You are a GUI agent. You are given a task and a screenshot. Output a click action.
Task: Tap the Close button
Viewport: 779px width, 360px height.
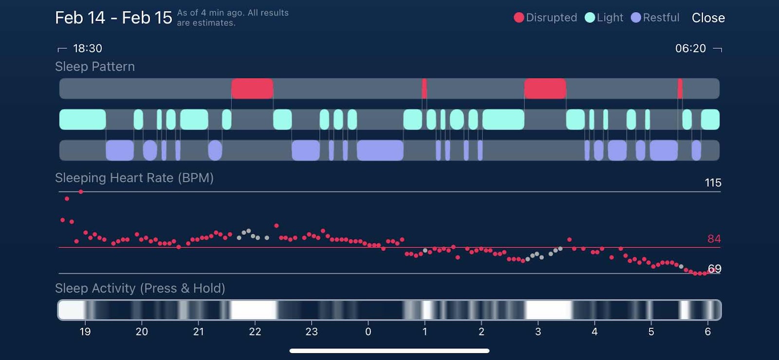pos(708,18)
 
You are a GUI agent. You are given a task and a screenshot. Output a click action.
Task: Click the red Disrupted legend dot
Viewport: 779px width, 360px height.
pos(519,18)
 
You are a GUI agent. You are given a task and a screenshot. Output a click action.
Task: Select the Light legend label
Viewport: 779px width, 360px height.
pos(610,18)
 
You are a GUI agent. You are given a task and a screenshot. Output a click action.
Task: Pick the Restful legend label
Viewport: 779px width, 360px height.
pos(661,18)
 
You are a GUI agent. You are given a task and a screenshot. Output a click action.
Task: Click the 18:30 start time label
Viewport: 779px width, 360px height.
pos(87,48)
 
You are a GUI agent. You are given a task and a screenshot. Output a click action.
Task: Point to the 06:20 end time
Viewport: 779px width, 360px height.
pos(690,48)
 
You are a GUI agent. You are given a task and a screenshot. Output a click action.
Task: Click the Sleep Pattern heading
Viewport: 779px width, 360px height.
pos(95,66)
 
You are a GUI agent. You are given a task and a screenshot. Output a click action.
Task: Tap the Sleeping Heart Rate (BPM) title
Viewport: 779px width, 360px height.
pos(134,178)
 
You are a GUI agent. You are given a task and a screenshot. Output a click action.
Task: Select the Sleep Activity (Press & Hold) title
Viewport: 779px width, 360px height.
pos(140,288)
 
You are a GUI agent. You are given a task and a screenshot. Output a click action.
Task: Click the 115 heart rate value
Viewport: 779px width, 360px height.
pos(713,183)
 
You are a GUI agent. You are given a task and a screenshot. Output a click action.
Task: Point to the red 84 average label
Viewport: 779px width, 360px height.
pos(714,239)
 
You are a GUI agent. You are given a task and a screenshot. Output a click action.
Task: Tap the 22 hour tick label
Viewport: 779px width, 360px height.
pos(255,332)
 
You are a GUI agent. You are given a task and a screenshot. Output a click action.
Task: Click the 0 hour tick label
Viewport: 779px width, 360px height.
pos(368,332)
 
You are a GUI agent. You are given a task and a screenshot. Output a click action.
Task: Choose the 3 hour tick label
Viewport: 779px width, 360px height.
pos(538,332)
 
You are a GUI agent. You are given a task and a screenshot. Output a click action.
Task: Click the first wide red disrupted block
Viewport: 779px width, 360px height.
pos(252,89)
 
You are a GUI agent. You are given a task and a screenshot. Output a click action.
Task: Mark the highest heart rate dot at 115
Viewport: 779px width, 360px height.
pos(81,192)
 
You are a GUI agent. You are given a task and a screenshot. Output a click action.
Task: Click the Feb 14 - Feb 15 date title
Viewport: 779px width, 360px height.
pos(113,18)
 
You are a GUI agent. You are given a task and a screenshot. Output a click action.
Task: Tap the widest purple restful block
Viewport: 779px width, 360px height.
pos(380,150)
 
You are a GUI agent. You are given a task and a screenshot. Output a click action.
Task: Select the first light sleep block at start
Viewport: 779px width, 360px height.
pos(82,119)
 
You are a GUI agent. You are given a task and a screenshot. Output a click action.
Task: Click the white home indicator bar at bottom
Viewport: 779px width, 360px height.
pos(389,351)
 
